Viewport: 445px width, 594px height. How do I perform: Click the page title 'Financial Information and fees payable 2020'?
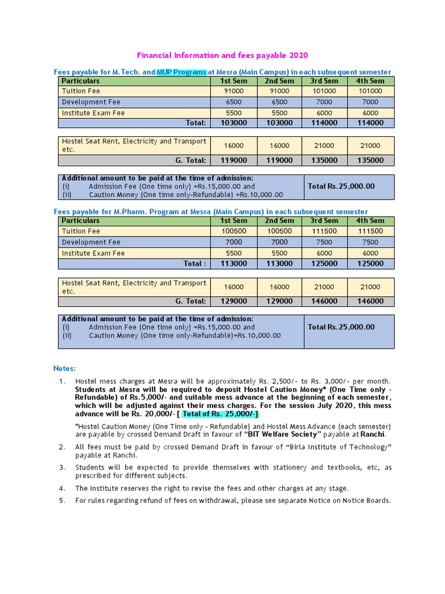[222, 55]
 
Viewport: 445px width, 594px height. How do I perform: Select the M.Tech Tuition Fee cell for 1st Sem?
[235, 91]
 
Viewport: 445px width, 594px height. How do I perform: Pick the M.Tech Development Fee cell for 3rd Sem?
[324, 102]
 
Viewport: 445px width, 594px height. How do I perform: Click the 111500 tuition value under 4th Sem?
[370, 231]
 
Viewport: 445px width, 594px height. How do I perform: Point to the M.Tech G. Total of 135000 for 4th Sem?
[370, 160]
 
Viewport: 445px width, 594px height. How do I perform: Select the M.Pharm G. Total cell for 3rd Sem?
[324, 301]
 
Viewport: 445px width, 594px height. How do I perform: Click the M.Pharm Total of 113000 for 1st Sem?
[235, 263]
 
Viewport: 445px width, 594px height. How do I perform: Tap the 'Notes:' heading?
[64, 368]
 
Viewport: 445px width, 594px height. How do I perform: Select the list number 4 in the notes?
[62, 488]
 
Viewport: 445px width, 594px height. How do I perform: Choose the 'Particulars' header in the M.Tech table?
[81, 81]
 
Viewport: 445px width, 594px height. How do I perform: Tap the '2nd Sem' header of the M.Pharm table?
[279, 220]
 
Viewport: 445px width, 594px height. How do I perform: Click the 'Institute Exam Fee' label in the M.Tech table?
[93, 113]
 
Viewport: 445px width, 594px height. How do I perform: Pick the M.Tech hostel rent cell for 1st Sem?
[235, 146]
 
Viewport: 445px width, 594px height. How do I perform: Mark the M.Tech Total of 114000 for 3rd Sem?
[324, 123]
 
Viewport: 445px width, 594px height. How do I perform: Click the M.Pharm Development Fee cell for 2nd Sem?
[279, 242]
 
